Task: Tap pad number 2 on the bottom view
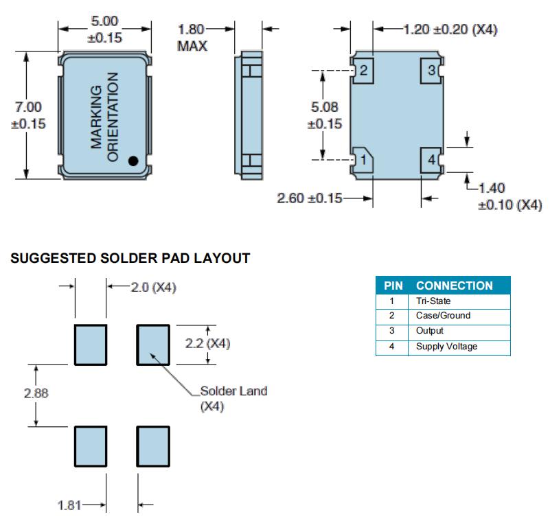point(363,71)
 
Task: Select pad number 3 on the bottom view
point(430,71)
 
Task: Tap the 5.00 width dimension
point(104,22)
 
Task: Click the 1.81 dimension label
point(69,506)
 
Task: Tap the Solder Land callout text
point(233,391)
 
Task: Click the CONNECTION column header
point(454,286)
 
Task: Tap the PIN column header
point(393,286)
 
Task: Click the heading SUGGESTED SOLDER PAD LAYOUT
point(130,259)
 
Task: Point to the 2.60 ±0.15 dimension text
point(308,198)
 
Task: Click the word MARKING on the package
point(97,117)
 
